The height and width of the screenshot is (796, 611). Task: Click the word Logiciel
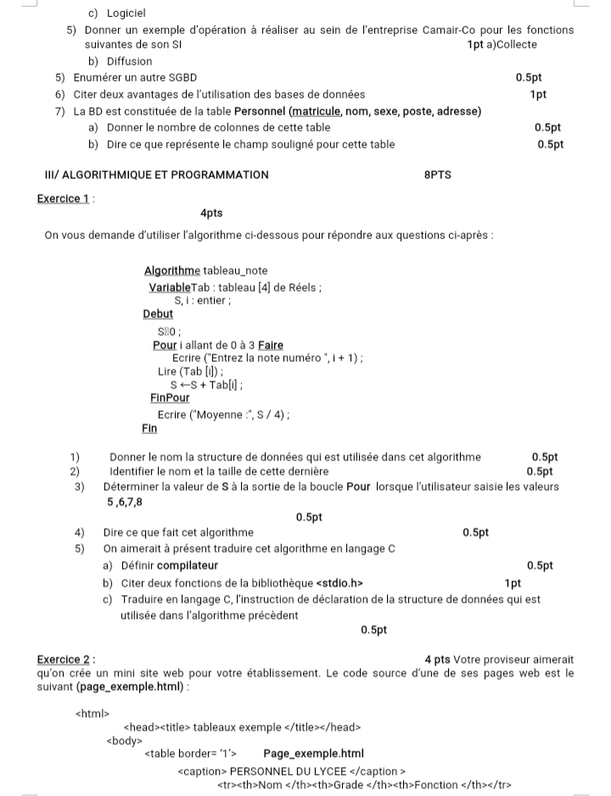[126, 14]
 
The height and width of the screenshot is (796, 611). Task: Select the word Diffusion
[129, 61]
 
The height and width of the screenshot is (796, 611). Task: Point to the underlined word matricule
[317, 111]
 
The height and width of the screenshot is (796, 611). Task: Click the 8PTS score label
[437, 175]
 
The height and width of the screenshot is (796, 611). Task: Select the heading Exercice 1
[64, 198]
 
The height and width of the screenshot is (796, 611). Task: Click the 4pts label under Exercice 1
[211, 214]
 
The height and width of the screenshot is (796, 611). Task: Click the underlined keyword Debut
[158, 314]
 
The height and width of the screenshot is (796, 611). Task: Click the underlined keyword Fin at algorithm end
[149, 429]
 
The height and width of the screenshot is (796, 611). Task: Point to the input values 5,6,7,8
[126, 502]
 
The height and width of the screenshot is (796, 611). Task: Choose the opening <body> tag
[124, 739]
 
